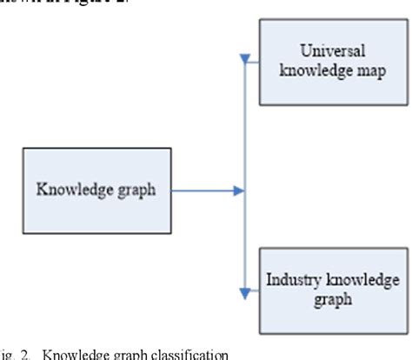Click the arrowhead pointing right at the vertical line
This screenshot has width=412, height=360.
pyautogui.click(x=238, y=190)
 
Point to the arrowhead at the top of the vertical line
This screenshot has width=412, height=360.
pyautogui.click(x=246, y=60)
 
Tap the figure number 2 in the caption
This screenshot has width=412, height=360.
pyautogui.click(x=27, y=354)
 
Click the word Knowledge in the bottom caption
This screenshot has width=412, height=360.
pyautogui.click(x=67, y=354)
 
